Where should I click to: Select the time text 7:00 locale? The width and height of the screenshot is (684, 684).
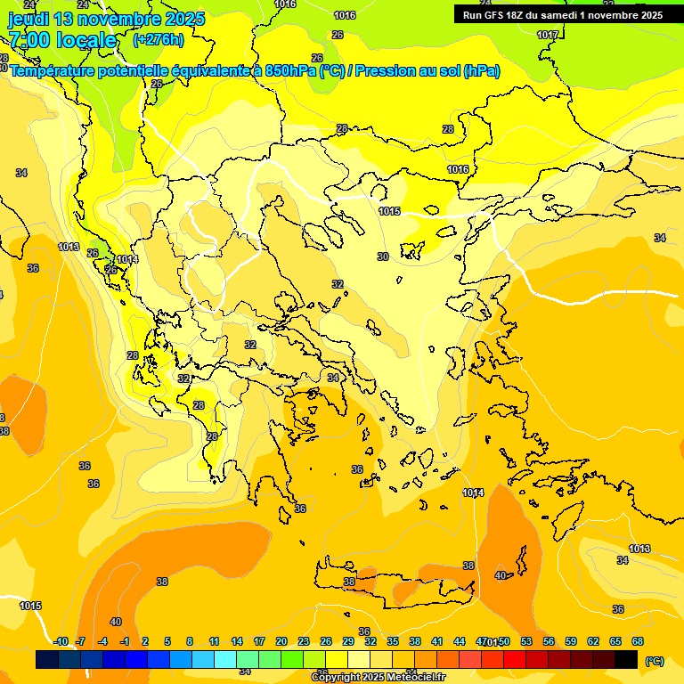coord(62,40)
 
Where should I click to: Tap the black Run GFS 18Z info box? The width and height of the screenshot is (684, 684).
coord(563,15)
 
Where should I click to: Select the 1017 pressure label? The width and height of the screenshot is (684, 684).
coord(548,35)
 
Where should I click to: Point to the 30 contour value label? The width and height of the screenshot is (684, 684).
coord(383,256)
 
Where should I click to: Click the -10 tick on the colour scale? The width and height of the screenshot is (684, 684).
coord(61,641)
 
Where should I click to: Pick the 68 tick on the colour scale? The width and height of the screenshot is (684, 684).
coord(638,641)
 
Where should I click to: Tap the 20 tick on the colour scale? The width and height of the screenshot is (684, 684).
coord(281,641)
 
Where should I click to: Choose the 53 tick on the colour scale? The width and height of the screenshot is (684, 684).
coord(526,641)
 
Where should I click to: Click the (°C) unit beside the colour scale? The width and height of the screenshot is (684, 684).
coord(655,660)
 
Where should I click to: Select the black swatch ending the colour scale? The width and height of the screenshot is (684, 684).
coord(626,660)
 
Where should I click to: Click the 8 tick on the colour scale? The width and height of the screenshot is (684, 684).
coord(190,641)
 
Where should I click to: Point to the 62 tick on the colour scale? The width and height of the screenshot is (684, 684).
coord(593,641)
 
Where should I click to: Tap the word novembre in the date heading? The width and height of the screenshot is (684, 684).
coord(125,19)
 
